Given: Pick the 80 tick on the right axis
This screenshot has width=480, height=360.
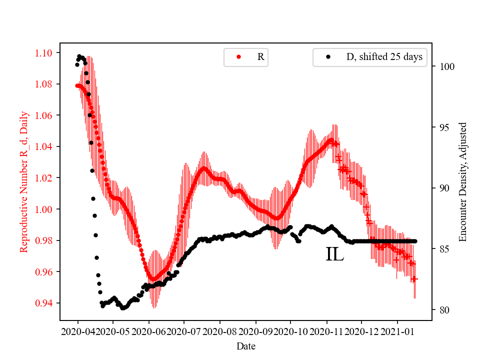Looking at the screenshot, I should coord(443,310).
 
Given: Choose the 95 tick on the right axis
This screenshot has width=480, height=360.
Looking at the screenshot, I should coord(443,127).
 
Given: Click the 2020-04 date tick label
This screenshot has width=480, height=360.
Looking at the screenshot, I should coord(77,331).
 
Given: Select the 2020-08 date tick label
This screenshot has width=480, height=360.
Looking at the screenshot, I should coord(220,331).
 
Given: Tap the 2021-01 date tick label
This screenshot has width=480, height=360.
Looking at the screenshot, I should coord(397,331).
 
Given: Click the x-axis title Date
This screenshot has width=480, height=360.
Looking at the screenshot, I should coord(246,345).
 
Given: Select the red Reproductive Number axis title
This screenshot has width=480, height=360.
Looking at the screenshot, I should coord(23,182).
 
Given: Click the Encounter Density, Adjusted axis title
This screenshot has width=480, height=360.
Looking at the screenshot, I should coord(462,182).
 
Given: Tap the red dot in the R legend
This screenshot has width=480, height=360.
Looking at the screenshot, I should coord(238,57).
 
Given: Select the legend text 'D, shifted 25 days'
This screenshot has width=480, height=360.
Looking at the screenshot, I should coord(384,57).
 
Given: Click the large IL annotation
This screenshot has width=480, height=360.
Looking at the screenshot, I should coord(334,254).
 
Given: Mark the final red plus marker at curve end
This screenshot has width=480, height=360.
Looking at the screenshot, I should coord(414,279).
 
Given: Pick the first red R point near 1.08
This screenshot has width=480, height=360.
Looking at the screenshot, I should coord(77,85).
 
